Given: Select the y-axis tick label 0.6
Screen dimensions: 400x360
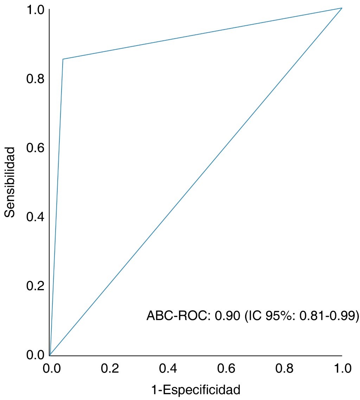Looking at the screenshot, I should pyautogui.click(x=36, y=147).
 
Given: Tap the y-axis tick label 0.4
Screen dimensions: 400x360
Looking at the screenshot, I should pyautogui.click(x=36, y=216).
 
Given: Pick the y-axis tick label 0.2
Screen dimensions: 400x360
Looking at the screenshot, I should pyautogui.click(x=36, y=286).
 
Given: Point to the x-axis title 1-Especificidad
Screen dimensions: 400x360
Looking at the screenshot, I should pyautogui.click(x=195, y=390).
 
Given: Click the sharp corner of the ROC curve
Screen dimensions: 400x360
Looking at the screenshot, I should pyautogui.click(x=63, y=59).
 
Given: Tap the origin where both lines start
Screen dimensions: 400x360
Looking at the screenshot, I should pyautogui.click(x=50, y=355).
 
